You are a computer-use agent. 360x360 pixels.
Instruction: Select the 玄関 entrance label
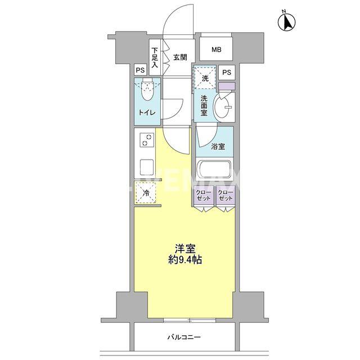(x=180, y=57)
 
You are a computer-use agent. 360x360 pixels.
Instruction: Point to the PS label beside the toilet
(x=140, y=70)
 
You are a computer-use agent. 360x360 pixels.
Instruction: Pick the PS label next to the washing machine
(x=226, y=72)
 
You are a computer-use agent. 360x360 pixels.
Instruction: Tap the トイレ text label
(x=147, y=112)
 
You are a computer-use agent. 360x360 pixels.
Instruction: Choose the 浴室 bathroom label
(x=219, y=147)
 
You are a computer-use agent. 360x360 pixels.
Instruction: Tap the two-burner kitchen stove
(x=147, y=139)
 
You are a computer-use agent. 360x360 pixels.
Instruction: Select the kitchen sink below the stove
(x=147, y=166)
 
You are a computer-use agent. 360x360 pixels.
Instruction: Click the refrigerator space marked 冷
(x=146, y=194)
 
